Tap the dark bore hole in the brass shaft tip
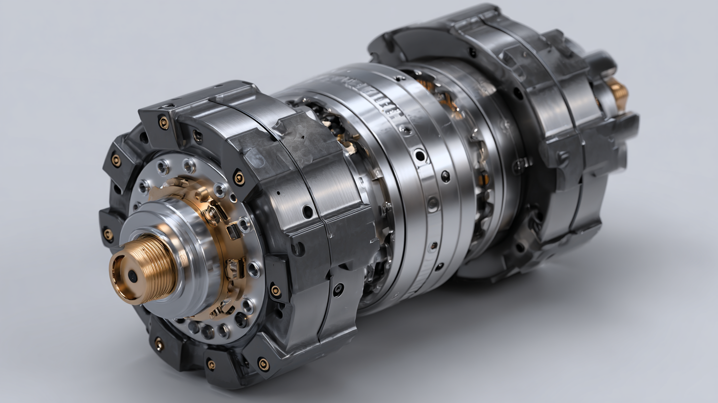pyautogui.click(x=133, y=276)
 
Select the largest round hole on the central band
pyautogui.click(x=420, y=156)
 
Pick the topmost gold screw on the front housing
pyautogui.click(x=163, y=122)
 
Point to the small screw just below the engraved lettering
pyautogui.click(x=405, y=130)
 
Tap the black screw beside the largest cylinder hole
pyautogui.click(x=445, y=176)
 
